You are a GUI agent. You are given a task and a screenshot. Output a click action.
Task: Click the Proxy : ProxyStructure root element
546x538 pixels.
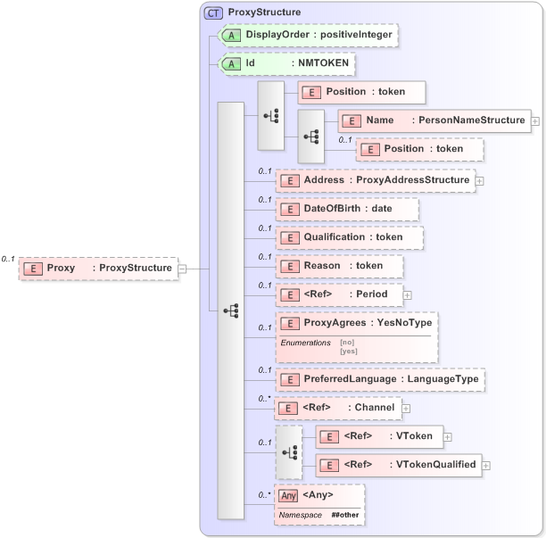pyautogui.click(x=98, y=268)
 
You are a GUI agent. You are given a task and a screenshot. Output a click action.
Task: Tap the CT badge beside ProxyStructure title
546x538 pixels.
pyautogui.click(x=214, y=12)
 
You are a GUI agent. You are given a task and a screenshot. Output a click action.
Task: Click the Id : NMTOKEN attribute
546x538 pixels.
pyautogui.click(x=286, y=64)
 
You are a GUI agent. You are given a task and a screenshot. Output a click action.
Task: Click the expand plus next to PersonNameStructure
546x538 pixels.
pyautogui.click(x=535, y=120)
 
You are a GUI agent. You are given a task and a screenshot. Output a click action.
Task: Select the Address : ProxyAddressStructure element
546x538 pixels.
pyautogui.click(x=375, y=180)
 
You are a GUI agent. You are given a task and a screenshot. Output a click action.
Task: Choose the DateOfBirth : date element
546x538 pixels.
pyautogui.click(x=346, y=209)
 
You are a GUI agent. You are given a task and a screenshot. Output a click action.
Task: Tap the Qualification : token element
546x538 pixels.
pyautogui.click(x=349, y=237)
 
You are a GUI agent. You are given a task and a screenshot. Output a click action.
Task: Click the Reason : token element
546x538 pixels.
pyautogui.click(x=339, y=266)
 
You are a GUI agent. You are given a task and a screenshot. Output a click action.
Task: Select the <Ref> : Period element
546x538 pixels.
pyautogui.click(x=338, y=294)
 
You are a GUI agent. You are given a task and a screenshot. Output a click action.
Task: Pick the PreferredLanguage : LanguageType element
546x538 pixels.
pyautogui.click(x=380, y=380)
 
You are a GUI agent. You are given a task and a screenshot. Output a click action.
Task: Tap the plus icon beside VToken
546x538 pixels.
pyautogui.click(x=448, y=436)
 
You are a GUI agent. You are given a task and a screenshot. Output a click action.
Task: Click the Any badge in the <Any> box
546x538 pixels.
pyautogui.click(x=288, y=495)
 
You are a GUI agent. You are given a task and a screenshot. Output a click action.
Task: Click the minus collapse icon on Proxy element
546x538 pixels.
pyautogui.click(x=182, y=268)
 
